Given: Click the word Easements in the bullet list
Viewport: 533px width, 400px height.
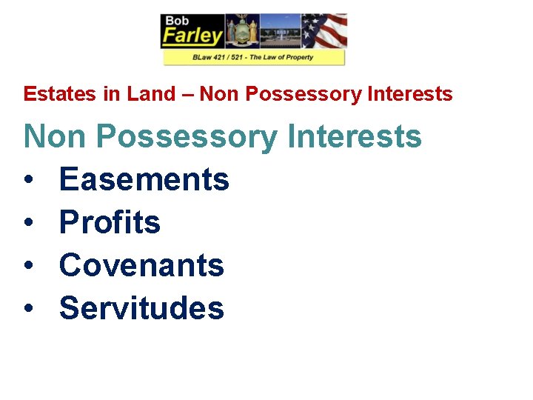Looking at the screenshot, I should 144,179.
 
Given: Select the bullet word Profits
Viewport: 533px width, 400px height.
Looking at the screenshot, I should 110,222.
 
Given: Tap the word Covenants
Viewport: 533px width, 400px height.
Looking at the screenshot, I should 141,265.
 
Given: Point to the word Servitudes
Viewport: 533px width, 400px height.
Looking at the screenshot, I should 141,308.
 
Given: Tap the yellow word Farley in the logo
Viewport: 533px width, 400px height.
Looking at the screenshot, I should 192,35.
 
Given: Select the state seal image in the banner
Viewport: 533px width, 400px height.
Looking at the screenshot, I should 242,32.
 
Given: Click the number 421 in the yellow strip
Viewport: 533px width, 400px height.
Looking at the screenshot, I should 224,57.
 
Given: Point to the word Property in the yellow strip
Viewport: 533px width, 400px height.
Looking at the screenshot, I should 298,57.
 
